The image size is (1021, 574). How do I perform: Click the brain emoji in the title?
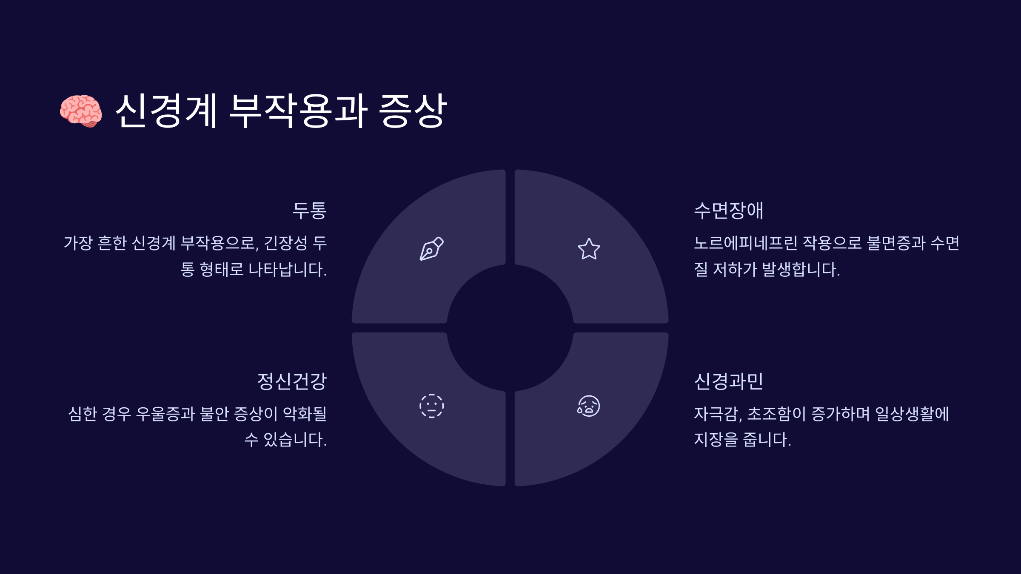tap(81, 111)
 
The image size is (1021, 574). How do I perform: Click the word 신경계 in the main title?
tap(166, 111)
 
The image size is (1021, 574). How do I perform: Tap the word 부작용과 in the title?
tap(298, 111)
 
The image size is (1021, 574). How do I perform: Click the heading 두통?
tap(309, 210)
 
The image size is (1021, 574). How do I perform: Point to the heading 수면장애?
tap(728, 210)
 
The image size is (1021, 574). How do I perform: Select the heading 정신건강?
tap(292, 381)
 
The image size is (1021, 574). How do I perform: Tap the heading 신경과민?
tap(728, 381)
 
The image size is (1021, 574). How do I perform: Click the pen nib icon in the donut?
tap(431, 249)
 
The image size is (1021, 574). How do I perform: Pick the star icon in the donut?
tap(589, 249)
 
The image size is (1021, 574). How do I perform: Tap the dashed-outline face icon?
tap(431, 406)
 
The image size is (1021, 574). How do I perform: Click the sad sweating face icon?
tap(588, 406)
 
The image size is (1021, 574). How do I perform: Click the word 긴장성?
tap(285, 243)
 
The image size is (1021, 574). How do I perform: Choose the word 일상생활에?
tap(912, 414)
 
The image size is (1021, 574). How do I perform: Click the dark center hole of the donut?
tap(510, 328)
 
